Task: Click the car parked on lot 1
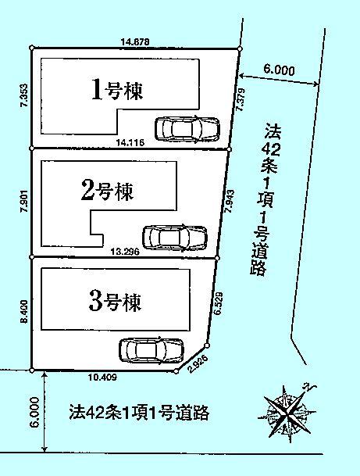tap(187, 128)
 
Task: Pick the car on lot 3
tap(151, 349)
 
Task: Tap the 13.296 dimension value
tap(126, 252)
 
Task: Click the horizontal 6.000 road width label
tap(279, 70)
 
